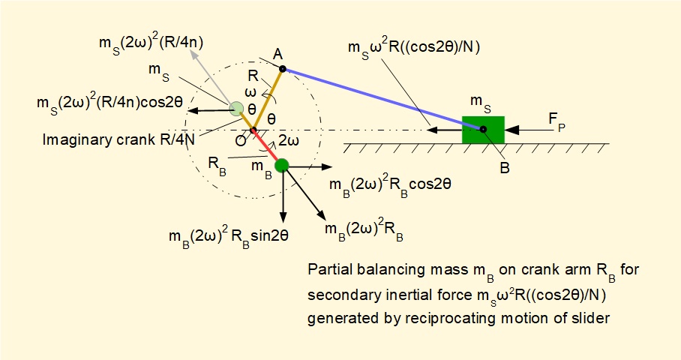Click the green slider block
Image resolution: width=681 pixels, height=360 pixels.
pos(483,129)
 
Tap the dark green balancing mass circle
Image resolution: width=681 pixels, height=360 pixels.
pos(282,166)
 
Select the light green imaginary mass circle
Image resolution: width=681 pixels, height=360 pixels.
pos(237,109)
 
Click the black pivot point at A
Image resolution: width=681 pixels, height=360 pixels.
pos(282,69)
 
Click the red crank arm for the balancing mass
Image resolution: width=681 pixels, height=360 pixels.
pos(268,148)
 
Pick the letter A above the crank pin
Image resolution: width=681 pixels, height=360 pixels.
pos(277,54)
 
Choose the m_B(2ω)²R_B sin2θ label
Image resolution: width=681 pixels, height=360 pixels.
pos(229,235)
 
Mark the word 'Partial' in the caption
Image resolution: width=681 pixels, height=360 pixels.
pos(327,269)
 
